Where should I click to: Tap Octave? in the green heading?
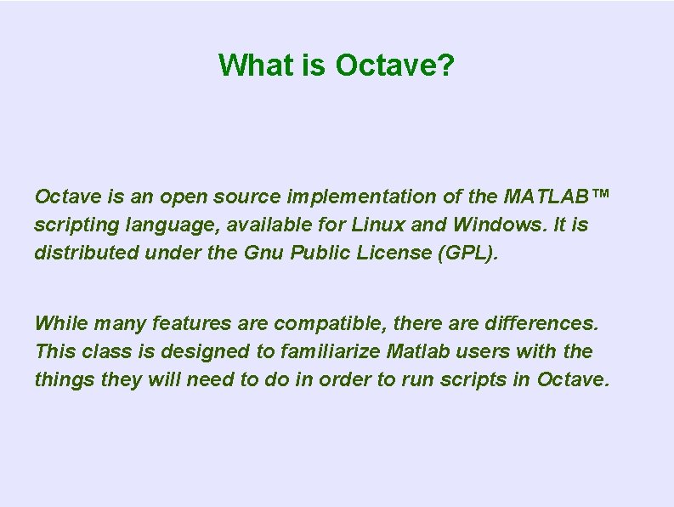[x=394, y=65]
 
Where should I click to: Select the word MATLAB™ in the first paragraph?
[x=557, y=197]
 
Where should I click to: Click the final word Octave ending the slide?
[x=573, y=379]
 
